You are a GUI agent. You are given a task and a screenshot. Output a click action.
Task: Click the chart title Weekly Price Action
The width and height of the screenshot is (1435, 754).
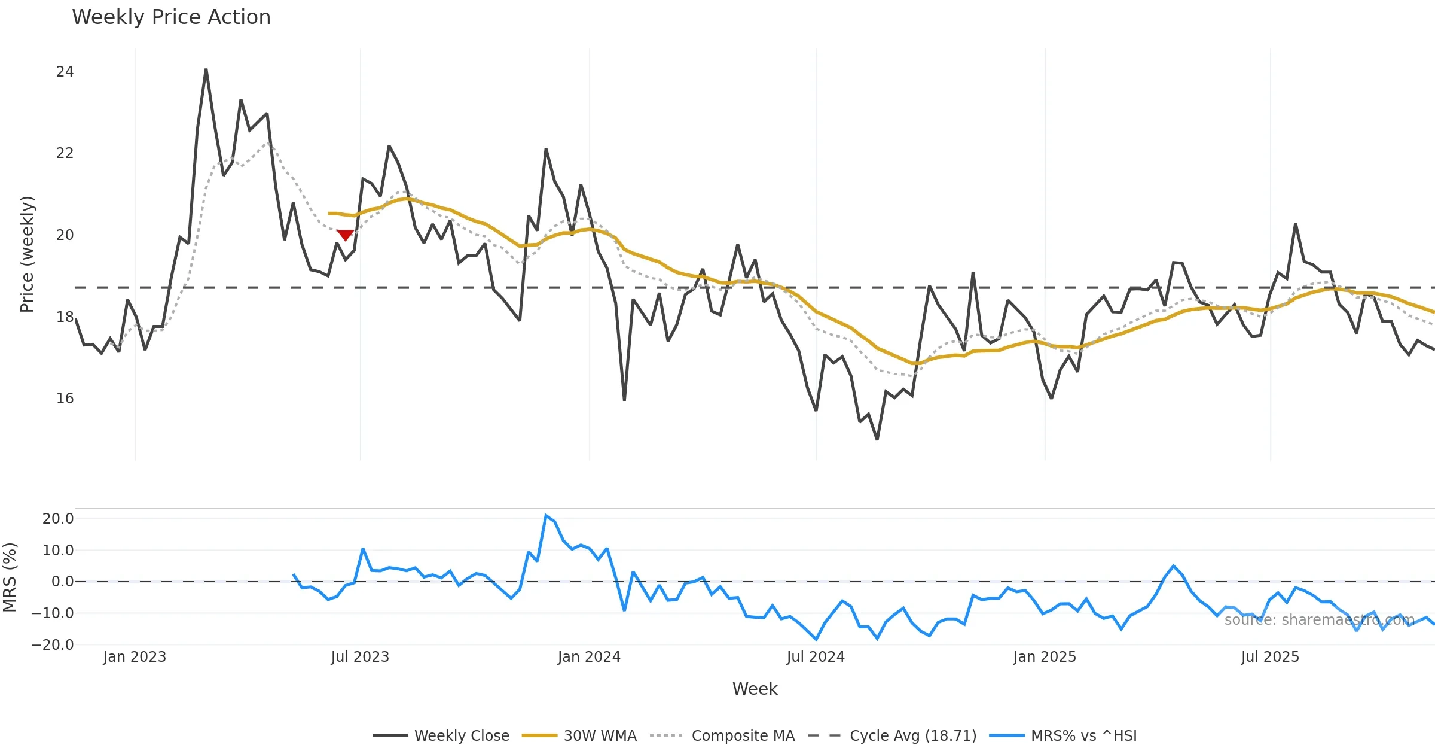tap(171, 17)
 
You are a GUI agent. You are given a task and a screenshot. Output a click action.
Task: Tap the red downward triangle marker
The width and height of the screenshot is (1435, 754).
tap(345, 235)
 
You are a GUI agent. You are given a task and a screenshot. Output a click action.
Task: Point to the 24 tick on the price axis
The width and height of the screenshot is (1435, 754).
tap(65, 72)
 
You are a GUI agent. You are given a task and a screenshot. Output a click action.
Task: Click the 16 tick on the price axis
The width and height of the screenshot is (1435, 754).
tap(65, 399)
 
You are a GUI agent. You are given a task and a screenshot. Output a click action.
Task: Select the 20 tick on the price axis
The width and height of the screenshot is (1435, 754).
tap(65, 235)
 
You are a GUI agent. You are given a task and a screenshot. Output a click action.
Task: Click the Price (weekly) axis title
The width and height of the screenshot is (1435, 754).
tap(27, 254)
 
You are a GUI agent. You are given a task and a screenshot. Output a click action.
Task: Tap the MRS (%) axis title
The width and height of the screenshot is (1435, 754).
tap(10, 577)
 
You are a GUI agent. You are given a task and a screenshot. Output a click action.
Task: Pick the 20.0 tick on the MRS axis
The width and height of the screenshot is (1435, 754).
tap(58, 519)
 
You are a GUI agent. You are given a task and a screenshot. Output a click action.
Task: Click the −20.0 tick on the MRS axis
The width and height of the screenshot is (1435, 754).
tap(53, 645)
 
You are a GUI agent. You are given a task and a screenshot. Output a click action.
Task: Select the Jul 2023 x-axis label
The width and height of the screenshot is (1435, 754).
tap(360, 657)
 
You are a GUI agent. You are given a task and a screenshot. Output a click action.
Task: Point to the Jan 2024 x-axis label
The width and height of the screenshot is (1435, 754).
tap(589, 657)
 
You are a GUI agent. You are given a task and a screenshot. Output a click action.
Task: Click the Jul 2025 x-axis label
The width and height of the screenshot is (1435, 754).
tap(1270, 657)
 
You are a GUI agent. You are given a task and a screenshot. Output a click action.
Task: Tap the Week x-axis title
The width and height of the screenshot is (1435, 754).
tap(755, 689)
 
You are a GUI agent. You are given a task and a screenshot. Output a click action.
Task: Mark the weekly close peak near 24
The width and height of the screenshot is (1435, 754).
tap(206, 69)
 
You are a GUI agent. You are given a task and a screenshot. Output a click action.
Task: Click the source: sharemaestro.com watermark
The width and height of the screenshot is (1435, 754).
tap(1319, 620)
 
